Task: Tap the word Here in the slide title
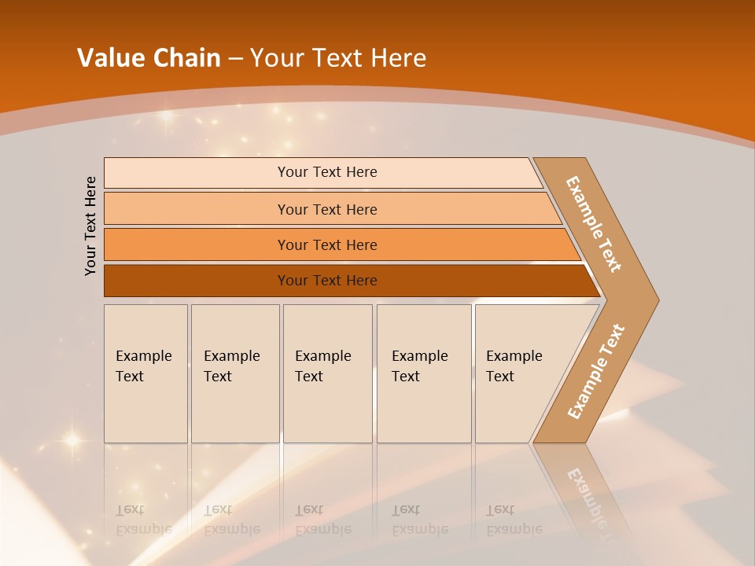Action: pyautogui.click(x=398, y=58)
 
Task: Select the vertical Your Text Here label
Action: pyautogui.click(x=90, y=226)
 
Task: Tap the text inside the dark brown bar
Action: pyautogui.click(x=327, y=281)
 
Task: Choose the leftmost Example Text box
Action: pyautogui.click(x=145, y=373)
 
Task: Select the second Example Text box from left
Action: pyautogui.click(x=234, y=373)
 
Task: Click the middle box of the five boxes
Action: pyautogui.click(x=327, y=373)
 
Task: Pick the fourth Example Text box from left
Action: pyautogui.click(x=424, y=373)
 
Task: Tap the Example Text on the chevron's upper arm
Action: pyautogui.click(x=594, y=224)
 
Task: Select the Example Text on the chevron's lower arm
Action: pyautogui.click(x=596, y=371)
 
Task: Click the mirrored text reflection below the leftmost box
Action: pyautogui.click(x=143, y=520)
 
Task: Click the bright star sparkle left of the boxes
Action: pyautogui.click(x=72, y=440)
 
